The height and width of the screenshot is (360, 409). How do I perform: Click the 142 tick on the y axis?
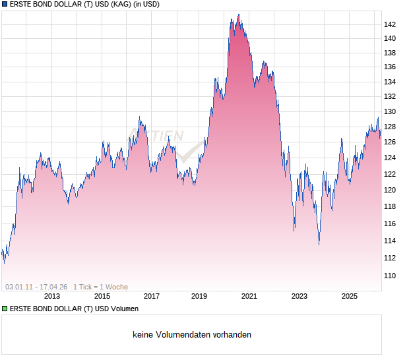pyautogui.click(x=390, y=24)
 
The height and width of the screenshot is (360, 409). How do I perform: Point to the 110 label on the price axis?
pyautogui.click(x=390, y=276)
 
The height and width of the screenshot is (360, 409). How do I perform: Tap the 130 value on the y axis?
pyautogui.click(x=390, y=112)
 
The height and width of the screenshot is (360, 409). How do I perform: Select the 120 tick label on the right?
pyautogui.click(x=390, y=190)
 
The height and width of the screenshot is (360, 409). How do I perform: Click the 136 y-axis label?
pyautogui.click(x=390, y=67)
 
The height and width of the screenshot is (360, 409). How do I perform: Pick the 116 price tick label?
pyautogui.click(x=390, y=224)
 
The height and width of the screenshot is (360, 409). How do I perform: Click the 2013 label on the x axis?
pyautogui.click(x=51, y=297)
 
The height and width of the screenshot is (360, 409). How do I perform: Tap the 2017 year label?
pyautogui.click(x=152, y=297)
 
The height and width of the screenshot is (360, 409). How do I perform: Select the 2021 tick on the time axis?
pyautogui.click(x=249, y=297)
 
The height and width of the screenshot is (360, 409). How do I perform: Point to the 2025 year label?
pyautogui.click(x=350, y=297)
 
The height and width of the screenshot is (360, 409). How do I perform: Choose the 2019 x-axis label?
pyautogui.click(x=200, y=297)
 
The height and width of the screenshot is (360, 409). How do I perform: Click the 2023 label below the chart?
pyautogui.click(x=299, y=297)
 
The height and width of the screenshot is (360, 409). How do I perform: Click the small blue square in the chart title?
pyautogui.click(x=4, y=5)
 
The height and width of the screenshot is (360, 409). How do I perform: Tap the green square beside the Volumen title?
pyautogui.click(x=4, y=309)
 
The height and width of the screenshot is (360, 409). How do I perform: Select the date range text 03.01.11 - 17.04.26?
pyautogui.click(x=36, y=287)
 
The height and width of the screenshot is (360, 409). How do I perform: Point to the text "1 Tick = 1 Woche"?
pyautogui.click(x=100, y=287)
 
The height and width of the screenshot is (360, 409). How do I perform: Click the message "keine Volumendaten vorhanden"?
pyautogui.click(x=192, y=335)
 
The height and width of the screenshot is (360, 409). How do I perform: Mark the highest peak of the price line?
pyautogui.click(x=238, y=15)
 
